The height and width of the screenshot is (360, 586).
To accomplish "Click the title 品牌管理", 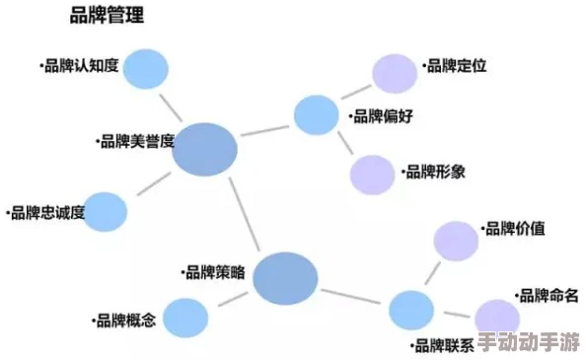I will tap(107, 15).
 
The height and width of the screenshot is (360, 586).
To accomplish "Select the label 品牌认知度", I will tap(80, 67).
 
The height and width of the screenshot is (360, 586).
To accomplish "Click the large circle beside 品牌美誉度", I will tap(206, 149).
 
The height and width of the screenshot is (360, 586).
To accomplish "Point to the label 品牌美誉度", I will tap(136, 141).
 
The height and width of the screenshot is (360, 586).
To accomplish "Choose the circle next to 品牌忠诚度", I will tap(106, 211).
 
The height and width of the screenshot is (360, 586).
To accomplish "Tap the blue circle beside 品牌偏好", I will tap(316, 114).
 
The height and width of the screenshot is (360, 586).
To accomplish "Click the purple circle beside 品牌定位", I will tap(395, 72).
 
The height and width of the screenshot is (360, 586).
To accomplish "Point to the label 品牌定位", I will tap(455, 67).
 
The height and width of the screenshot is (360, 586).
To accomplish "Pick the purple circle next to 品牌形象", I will tap(372, 175).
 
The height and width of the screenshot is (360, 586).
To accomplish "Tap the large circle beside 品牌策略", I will tap(285, 278).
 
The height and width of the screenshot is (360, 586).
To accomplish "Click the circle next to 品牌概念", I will tap(185, 317).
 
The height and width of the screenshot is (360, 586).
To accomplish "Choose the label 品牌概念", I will tap(123, 320).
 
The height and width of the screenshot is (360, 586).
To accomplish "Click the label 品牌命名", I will tap(548, 295).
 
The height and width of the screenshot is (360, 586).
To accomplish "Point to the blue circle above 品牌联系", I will tap(411, 310).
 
